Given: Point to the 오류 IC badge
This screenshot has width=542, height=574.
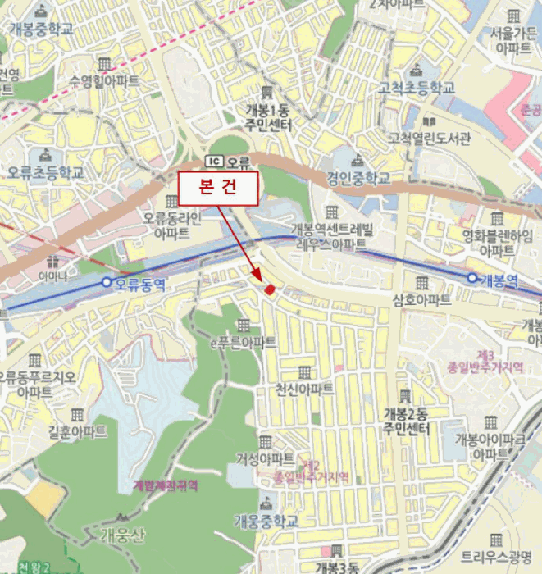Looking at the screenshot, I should tap(227, 160).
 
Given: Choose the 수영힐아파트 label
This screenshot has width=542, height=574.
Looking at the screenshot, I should tap(104, 81).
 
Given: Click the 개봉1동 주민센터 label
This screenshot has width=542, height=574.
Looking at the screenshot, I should tap(267, 116).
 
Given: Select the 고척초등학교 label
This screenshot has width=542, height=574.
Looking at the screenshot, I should tap(416, 87).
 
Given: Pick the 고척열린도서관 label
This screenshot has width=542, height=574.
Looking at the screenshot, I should tap(430, 137).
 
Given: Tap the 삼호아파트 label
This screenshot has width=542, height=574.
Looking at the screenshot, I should tap(421, 300).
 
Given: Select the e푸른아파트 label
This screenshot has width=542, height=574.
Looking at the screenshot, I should tap(244, 342).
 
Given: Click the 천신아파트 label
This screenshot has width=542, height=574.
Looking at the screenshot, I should tap(304, 389).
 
